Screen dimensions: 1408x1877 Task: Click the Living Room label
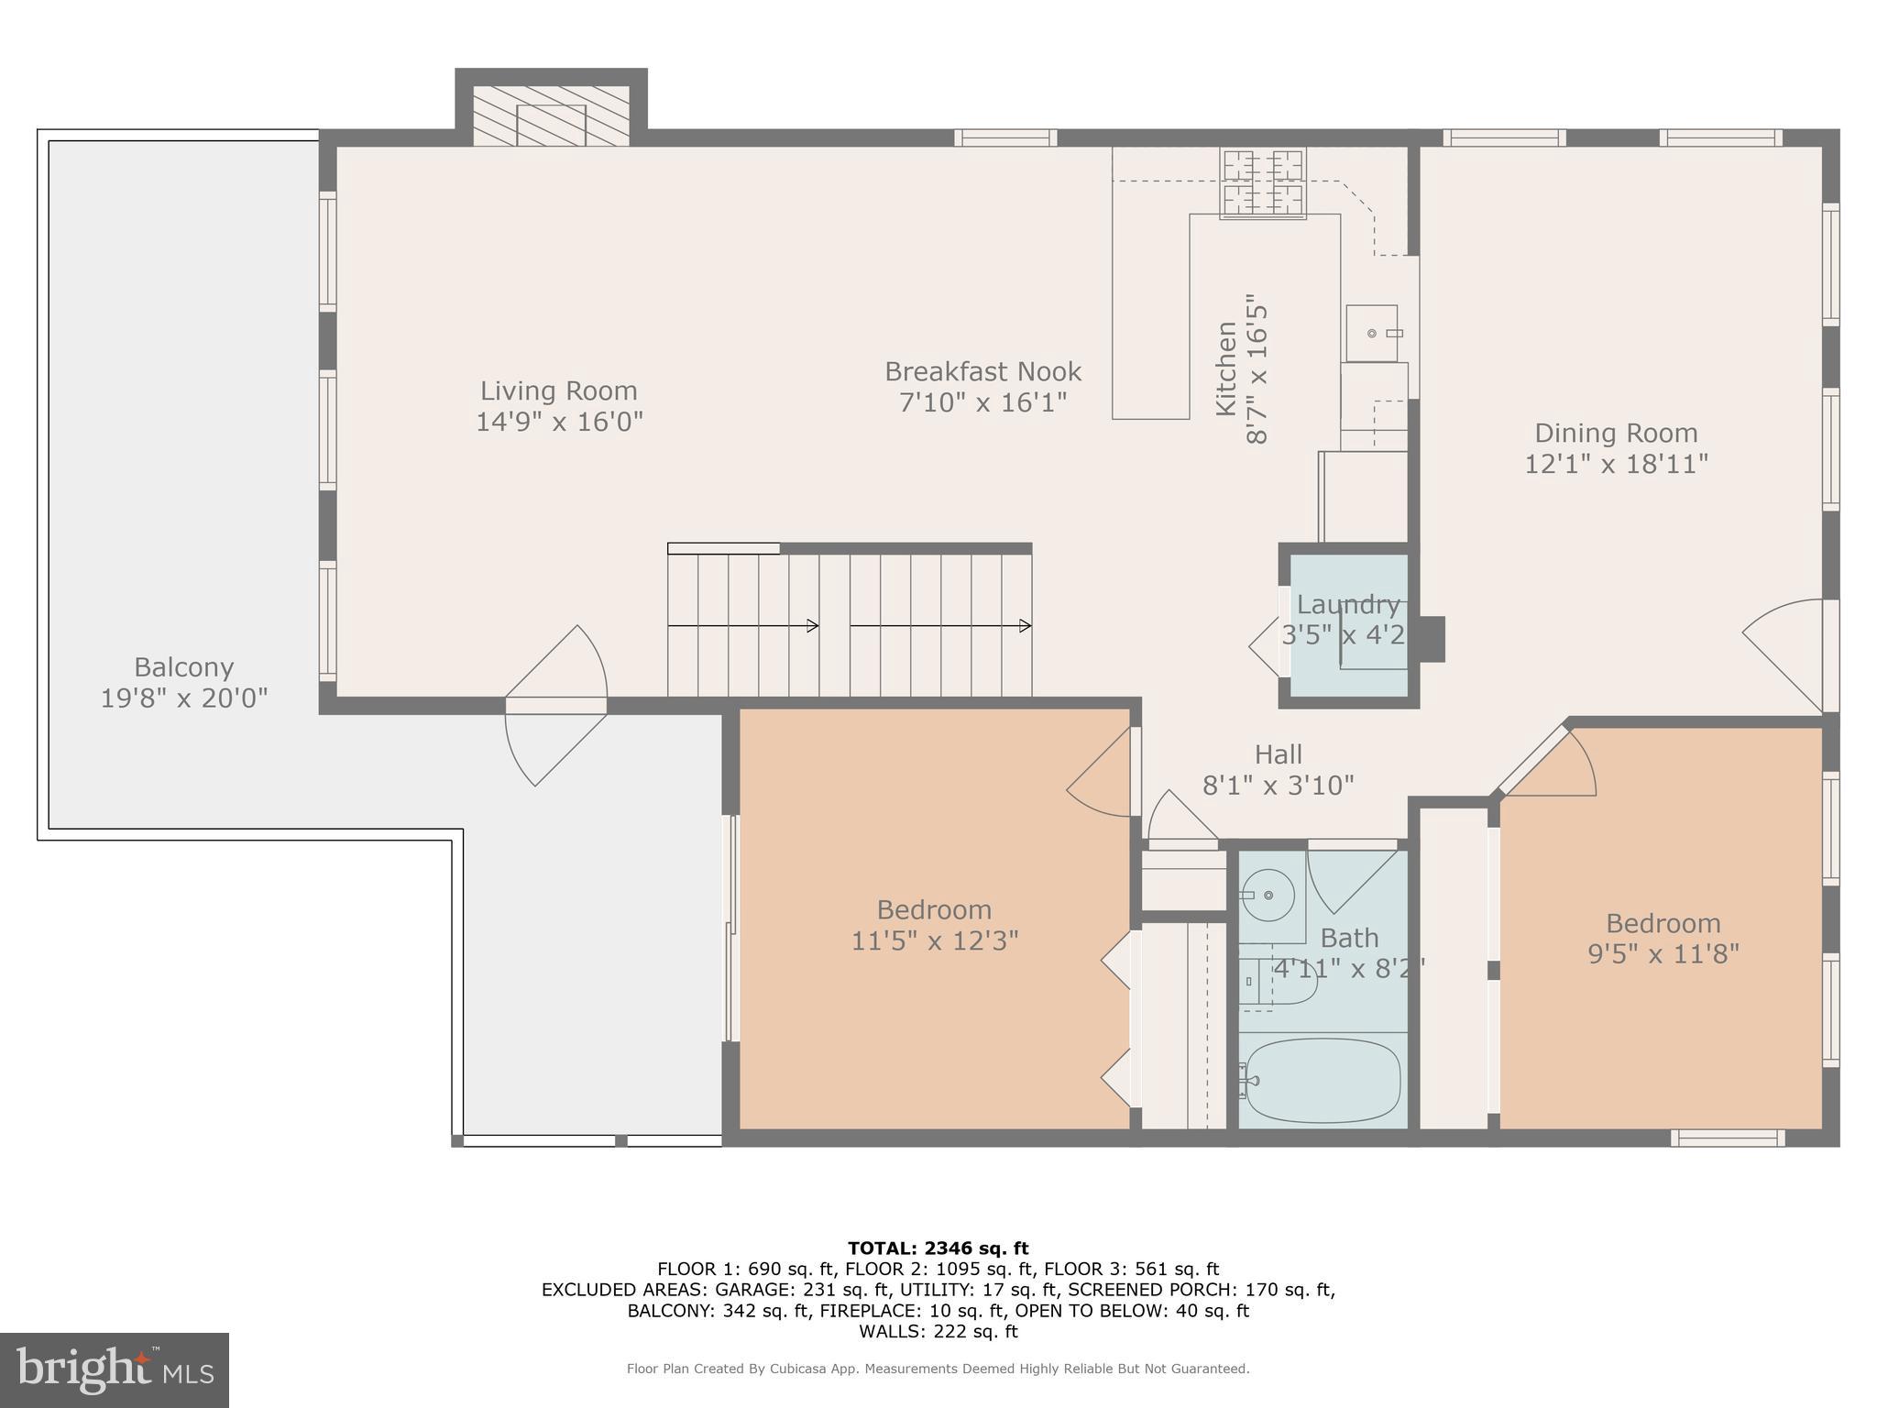(x=558, y=390)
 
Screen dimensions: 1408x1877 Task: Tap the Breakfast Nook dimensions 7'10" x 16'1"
(x=982, y=402)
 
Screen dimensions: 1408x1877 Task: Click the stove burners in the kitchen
(x=1262, y=183)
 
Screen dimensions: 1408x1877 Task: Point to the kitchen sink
(x=1372, y=333)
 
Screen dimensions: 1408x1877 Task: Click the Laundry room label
(x=1347, y=605)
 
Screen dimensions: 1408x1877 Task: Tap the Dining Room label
(x=1616, y=433)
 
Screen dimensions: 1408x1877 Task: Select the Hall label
(x=1278, y=754)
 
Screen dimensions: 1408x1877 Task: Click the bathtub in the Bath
(x=1321, y=1081)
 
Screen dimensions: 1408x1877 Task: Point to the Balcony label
(x=183, y=666)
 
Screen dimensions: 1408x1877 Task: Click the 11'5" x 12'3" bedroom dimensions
(x=934, y=941)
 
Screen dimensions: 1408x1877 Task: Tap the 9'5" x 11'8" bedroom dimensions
(x=1663, y=954)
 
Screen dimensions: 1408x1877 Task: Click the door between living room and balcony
(x=555, y=705)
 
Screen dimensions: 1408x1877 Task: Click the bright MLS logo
(x=114, y=1369)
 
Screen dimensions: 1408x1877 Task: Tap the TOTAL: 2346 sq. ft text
(x=938, y=1248)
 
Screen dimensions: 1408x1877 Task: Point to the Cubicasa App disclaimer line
(x=938, y=1369)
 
